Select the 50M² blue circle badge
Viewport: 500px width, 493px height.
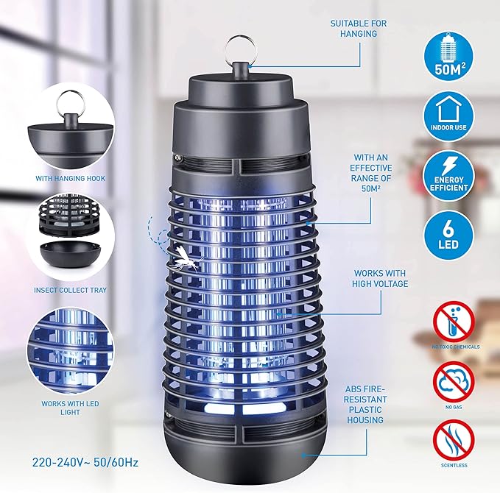click(448, 57)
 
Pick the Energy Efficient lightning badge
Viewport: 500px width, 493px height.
click(448, 176)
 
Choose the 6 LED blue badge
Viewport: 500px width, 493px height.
click(448, 235)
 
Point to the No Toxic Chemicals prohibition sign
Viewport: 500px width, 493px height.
click(454, 322)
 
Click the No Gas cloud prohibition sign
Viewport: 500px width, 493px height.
click(454, 381)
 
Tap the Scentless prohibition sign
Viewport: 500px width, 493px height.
click(454, 440)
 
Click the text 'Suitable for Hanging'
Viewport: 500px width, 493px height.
click(359, 29)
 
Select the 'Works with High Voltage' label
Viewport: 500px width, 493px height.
click(380, 278)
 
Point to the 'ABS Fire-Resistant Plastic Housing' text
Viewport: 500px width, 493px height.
click(365, 405)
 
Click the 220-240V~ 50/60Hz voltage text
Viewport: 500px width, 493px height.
click(85, 462)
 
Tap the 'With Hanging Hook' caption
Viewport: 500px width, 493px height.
click(70, 179)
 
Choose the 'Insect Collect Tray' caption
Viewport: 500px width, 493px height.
click(70, 291)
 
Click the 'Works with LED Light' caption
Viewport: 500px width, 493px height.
click(70, 408)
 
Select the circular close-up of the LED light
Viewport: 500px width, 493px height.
click(70, 350)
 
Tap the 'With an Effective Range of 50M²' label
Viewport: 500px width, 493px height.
click(371, 173)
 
